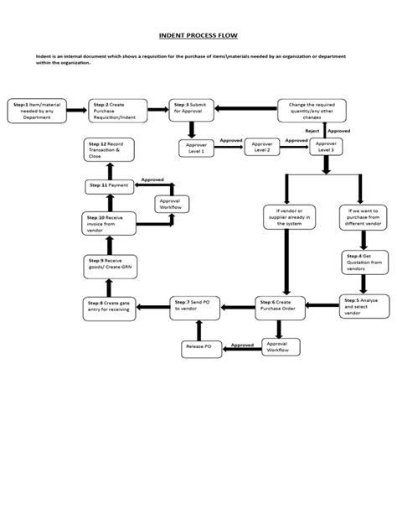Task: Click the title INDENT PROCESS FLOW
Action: (x=198, y=37)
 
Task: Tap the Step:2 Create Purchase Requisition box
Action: (x=118, y=109)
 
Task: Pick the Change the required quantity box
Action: (x=312, y=109)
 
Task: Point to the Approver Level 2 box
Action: (x=262, y=148)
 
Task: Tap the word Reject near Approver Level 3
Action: (x=312, y=132)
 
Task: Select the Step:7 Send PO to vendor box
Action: (x=194, y=306)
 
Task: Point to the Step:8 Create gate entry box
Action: (x=110, y=306)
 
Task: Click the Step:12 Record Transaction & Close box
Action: (x=110, y=151)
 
